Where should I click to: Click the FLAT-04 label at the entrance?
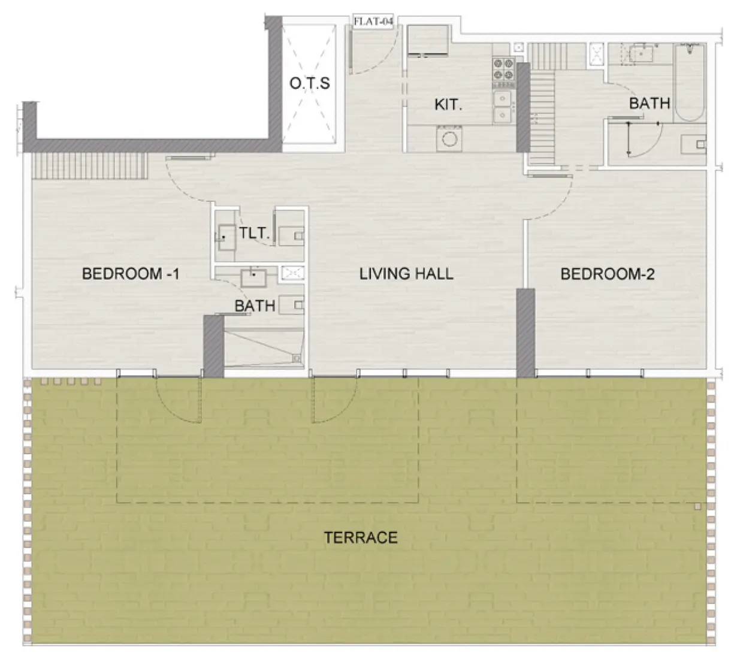(x=373, y=21)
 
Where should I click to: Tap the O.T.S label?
(x=310, y=83)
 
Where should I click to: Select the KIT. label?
(x=448, y=105)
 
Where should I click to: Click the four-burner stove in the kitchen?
(x=503, y=73)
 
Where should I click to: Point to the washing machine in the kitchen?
(x=449, y=138)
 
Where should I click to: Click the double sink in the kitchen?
(x=503, y=107)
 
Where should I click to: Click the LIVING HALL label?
(x=406, y=274)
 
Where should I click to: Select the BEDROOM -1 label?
(x=131, y=274)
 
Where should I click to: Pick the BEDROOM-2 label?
(x=608, y=274)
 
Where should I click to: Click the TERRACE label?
(x=361, y=537)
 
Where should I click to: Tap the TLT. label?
(x=255, y=233)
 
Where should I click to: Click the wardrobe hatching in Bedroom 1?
(x=89, y=166)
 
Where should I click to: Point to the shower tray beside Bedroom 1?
(x=264, y=347)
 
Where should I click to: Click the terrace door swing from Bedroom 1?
(x=178, y=400)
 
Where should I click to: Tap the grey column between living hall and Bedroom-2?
(x=525, y=333)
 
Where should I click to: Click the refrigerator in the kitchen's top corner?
(x=428, y=40)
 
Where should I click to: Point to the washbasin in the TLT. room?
(x=227, y=237)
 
